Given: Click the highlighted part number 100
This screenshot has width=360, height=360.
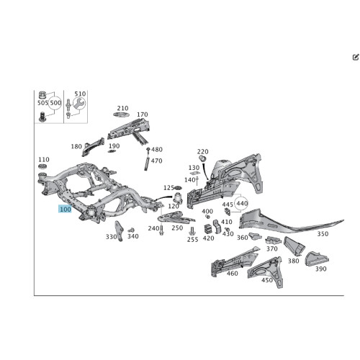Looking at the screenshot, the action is [65, 209].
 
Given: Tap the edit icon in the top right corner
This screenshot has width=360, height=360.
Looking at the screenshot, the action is [356, 57].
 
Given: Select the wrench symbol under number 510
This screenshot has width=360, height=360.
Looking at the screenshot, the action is [79, 104].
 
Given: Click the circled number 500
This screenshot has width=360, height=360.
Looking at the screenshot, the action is [55, 103].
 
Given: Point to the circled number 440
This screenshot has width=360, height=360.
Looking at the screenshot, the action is [242, 204].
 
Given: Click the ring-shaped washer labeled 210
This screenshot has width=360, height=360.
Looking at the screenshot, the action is [121, 114].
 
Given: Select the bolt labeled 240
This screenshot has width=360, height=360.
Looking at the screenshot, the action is [161, 230].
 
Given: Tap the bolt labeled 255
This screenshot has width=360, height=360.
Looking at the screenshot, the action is [192, 231].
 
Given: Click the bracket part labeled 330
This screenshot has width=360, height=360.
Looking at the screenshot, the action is [119, 231].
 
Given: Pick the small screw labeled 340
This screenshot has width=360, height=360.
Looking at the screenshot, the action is [131, 230].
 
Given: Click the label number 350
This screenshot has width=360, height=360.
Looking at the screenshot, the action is [323, 234].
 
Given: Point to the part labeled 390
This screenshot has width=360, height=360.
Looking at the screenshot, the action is [317, 258].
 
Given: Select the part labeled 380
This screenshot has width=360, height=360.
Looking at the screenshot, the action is [294, 246].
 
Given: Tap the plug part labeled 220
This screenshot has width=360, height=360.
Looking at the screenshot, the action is [203, 158].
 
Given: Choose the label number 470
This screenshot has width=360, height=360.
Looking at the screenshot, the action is [156, 161].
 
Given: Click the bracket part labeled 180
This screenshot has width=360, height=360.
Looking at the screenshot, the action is [93, 146].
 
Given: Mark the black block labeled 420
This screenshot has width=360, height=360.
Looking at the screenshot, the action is [208, 229].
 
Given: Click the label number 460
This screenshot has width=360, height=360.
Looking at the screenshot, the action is [232, 273].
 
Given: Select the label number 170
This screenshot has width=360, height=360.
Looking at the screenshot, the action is [143, 114].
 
